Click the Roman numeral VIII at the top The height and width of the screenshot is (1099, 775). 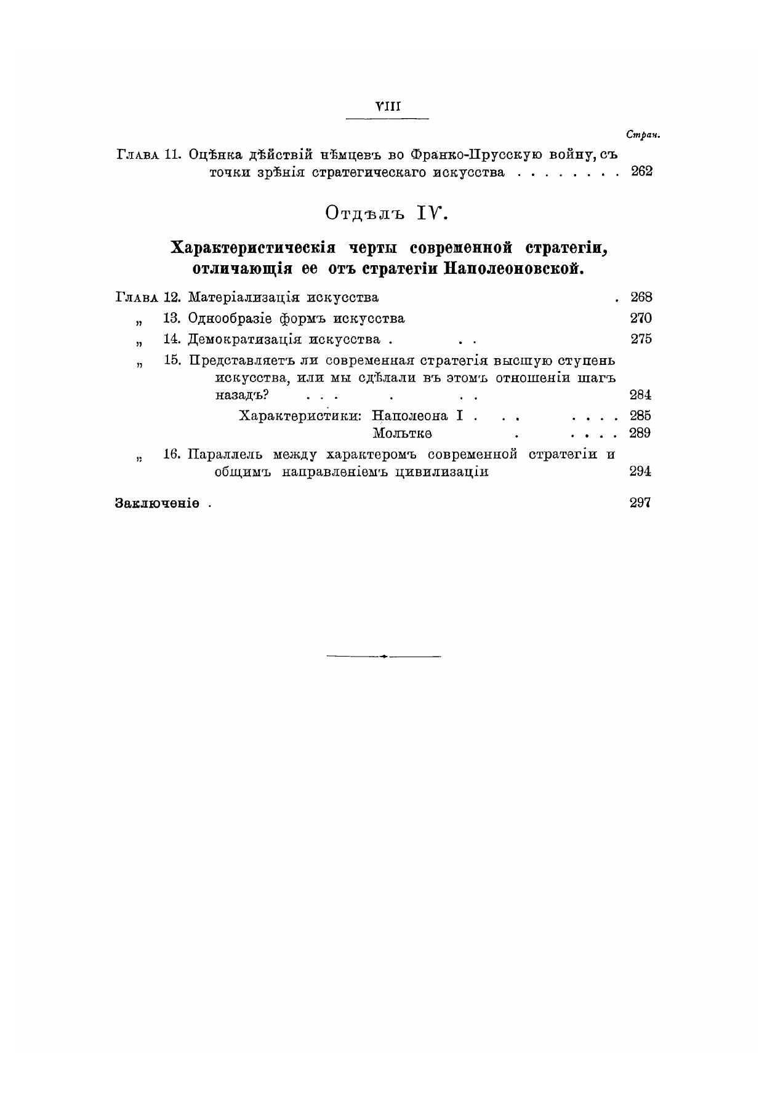388,106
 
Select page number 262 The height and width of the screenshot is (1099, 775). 641,172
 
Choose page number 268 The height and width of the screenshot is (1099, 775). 641,298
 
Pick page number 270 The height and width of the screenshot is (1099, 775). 641,319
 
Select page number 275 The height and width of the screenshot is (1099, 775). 641,339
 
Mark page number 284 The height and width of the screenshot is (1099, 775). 641,395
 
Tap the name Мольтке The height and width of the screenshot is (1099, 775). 402,433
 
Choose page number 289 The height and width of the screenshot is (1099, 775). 641,433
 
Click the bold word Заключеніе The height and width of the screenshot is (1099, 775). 157,503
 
